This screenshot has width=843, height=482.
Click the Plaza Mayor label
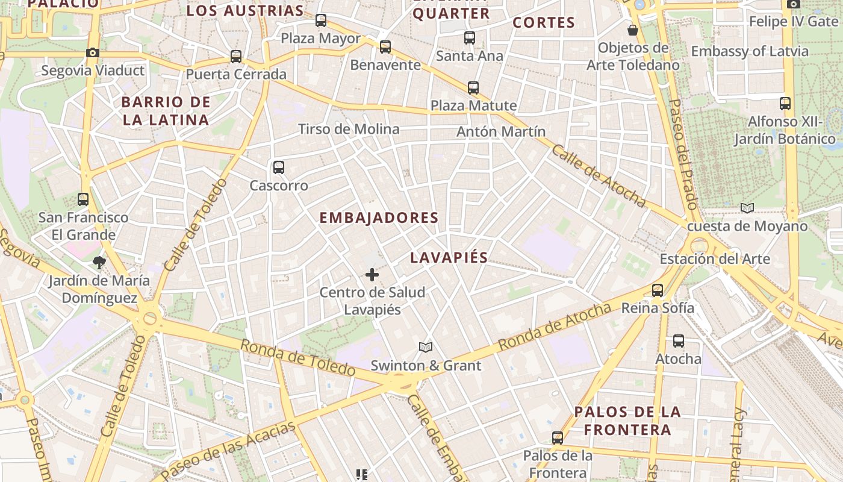(x=321, y=39)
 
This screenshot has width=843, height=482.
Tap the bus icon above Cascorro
(x=278, y=167)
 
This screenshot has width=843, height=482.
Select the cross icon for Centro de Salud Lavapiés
(x=372, y=275)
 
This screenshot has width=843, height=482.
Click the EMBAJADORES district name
(x=379, y=218)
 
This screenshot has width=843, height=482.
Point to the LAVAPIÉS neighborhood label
(x=449, y=258)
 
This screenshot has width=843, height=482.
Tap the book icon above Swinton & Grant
(x=426, y=348)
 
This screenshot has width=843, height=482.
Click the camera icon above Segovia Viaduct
(x=92, y=53)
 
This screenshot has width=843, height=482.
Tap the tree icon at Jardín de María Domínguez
(x=99, y=263)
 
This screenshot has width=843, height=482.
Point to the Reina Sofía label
(x=658, y=308)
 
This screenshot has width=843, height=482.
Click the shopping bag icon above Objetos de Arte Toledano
(x=633, y=30)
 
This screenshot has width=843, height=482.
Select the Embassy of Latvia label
(x=750, y=51)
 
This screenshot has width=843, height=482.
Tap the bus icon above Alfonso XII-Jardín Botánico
(x=785, y=104)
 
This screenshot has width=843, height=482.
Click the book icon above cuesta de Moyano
(x=747, y=208)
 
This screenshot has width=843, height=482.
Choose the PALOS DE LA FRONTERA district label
(x=627, y=421)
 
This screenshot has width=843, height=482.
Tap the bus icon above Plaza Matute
(x=473, y=88)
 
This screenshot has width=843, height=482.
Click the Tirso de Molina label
(x=349, y=129)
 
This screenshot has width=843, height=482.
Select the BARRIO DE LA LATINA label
(x=166, y=111)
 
